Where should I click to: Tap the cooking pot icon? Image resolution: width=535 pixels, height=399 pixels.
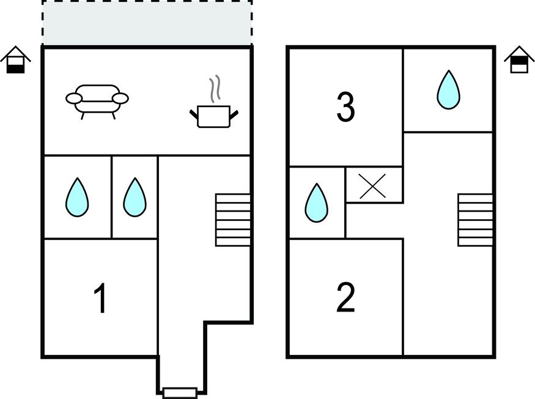214,116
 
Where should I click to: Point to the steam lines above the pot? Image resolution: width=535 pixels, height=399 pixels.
215,89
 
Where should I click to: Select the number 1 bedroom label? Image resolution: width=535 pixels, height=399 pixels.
101,298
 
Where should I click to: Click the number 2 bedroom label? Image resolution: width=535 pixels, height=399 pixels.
345,297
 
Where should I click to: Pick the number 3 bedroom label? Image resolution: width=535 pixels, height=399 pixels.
345,107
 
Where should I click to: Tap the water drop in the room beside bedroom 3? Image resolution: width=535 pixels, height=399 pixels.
449,90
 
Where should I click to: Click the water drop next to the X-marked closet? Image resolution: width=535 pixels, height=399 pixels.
317,203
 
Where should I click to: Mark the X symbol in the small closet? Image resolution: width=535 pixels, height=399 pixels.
372,186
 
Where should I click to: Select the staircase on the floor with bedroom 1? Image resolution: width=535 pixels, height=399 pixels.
233,220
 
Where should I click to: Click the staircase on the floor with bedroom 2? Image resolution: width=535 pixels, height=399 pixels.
475,220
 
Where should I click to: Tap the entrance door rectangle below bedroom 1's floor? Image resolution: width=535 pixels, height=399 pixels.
180,393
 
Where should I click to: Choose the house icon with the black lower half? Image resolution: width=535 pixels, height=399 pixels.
16,60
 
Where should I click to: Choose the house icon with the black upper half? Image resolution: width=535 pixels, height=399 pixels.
519,60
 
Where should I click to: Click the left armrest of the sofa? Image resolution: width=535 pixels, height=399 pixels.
74,99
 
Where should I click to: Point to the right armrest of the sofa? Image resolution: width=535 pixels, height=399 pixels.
120,99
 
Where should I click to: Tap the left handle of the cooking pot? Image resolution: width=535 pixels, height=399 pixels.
194,114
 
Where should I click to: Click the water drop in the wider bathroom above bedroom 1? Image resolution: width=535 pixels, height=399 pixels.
77,197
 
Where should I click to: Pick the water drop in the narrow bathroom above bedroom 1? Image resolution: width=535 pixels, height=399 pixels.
135,197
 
